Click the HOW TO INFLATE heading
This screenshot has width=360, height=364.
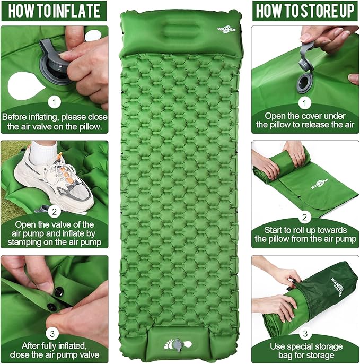(54, 10)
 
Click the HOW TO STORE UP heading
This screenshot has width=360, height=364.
(305, 10)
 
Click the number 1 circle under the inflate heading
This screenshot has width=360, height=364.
(54, 101)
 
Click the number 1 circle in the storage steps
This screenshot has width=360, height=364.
(305, 101)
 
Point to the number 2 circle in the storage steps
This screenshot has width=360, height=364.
(305, 216)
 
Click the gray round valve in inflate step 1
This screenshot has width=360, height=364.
(54, 68)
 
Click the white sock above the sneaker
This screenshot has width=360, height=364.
(42, 151)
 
